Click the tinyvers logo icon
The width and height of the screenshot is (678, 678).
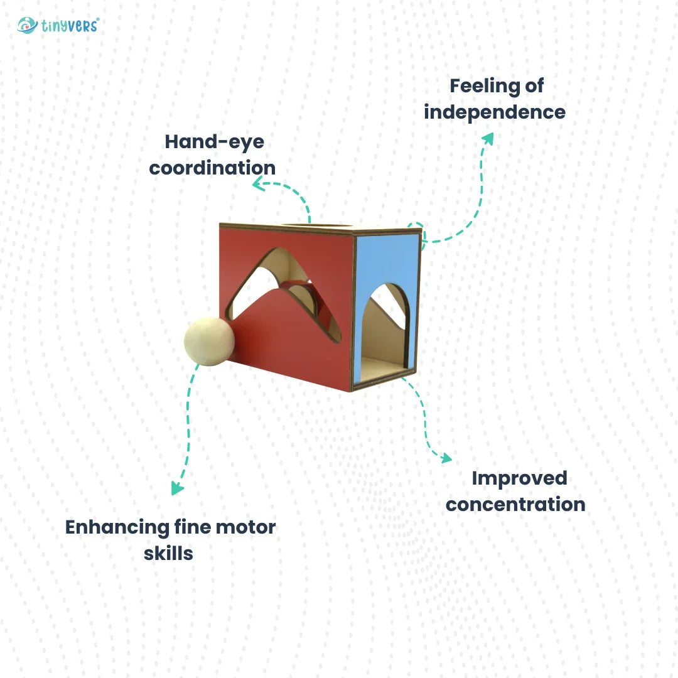pos(27,26)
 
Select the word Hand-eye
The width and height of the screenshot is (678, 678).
pos(214,142)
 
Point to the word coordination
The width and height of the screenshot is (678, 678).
pos(212,168)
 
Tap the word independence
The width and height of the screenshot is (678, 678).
pos(495,112)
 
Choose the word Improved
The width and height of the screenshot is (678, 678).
pos(519,478)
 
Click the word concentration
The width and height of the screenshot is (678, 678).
pos(515,504)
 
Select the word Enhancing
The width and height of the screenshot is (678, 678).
pos(117,527)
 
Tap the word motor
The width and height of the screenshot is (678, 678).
pos(246,527)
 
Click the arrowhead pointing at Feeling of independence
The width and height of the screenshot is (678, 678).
pos(487,139)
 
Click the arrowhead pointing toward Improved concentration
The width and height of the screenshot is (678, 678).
pos(445,458)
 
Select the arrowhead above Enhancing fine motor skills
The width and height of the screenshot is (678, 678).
pos(178,488)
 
